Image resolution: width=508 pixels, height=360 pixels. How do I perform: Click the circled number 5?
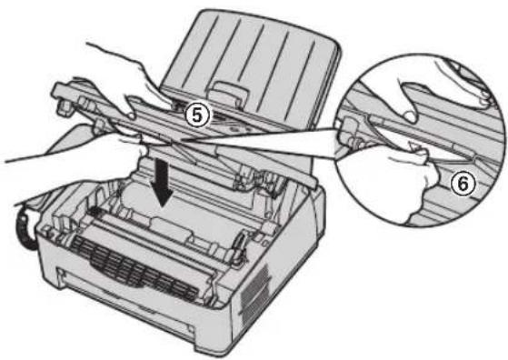tap(196, 115)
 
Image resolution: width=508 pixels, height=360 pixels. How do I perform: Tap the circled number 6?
tap(463, 185)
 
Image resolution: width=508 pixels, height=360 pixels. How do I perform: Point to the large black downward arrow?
tap(162, 184)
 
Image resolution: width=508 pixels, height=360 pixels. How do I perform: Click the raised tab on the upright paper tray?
tap(229, 93)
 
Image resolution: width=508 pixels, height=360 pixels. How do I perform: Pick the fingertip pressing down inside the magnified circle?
tap(409, 116)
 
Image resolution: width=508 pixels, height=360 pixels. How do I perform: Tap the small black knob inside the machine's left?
tap(93, 212)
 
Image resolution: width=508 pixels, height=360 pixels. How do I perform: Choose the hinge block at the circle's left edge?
tap(348, 132)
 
